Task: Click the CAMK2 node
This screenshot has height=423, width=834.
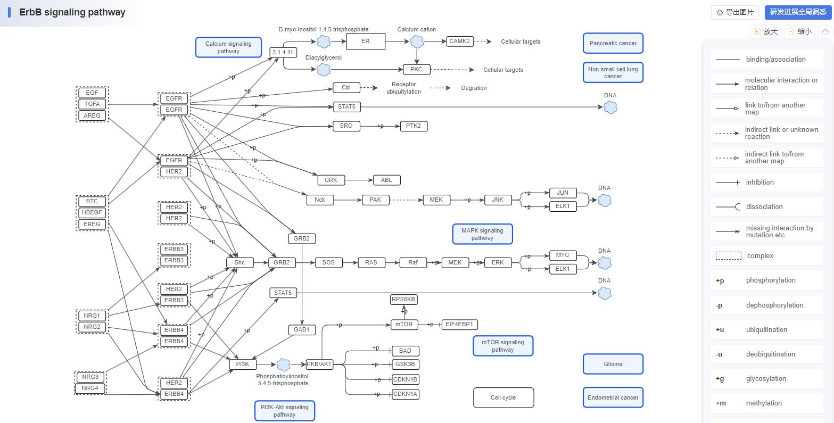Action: pyautogui.click(x=459, y=41)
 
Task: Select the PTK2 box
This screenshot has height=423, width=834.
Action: pyautogui.click(x=414, y=126)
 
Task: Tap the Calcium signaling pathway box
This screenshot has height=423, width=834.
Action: pyautogui.click(x=228, y=47)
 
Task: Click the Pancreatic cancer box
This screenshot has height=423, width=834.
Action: pyautogui.click(x=613, y=43)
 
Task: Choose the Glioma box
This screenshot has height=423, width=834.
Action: pyautogui.click(x=613, y=364)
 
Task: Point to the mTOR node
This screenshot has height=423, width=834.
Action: pyautogui.click(x=404, y=324)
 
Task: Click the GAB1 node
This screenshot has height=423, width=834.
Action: pyautogui.click(x=301, y=330)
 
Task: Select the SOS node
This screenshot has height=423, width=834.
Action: pyautogui.click(x=328, y=262)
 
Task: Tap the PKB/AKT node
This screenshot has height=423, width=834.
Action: pyautogui.click(x=319, y=364)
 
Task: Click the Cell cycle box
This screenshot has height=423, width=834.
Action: pyautogui.click(x=503, y=397)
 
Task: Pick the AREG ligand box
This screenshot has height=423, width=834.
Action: pyautogui.click(x=92, y=115)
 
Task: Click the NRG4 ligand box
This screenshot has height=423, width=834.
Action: pyautogui.click(x=90, y=388)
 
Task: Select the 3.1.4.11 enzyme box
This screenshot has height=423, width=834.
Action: pyautogui.click(x=283, y=52)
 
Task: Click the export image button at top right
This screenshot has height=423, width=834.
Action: pyautogui.click(x=735, y=12)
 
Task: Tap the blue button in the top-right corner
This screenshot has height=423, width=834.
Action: pyautogui.click(x=797, y=12)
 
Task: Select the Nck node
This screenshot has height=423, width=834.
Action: pyautogui.click(x=320, y=200)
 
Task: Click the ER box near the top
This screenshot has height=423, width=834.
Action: pyautogui.click(x=365, y=41)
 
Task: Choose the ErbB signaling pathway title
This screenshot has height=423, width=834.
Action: pyautogui.click(x=72, y=12)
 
